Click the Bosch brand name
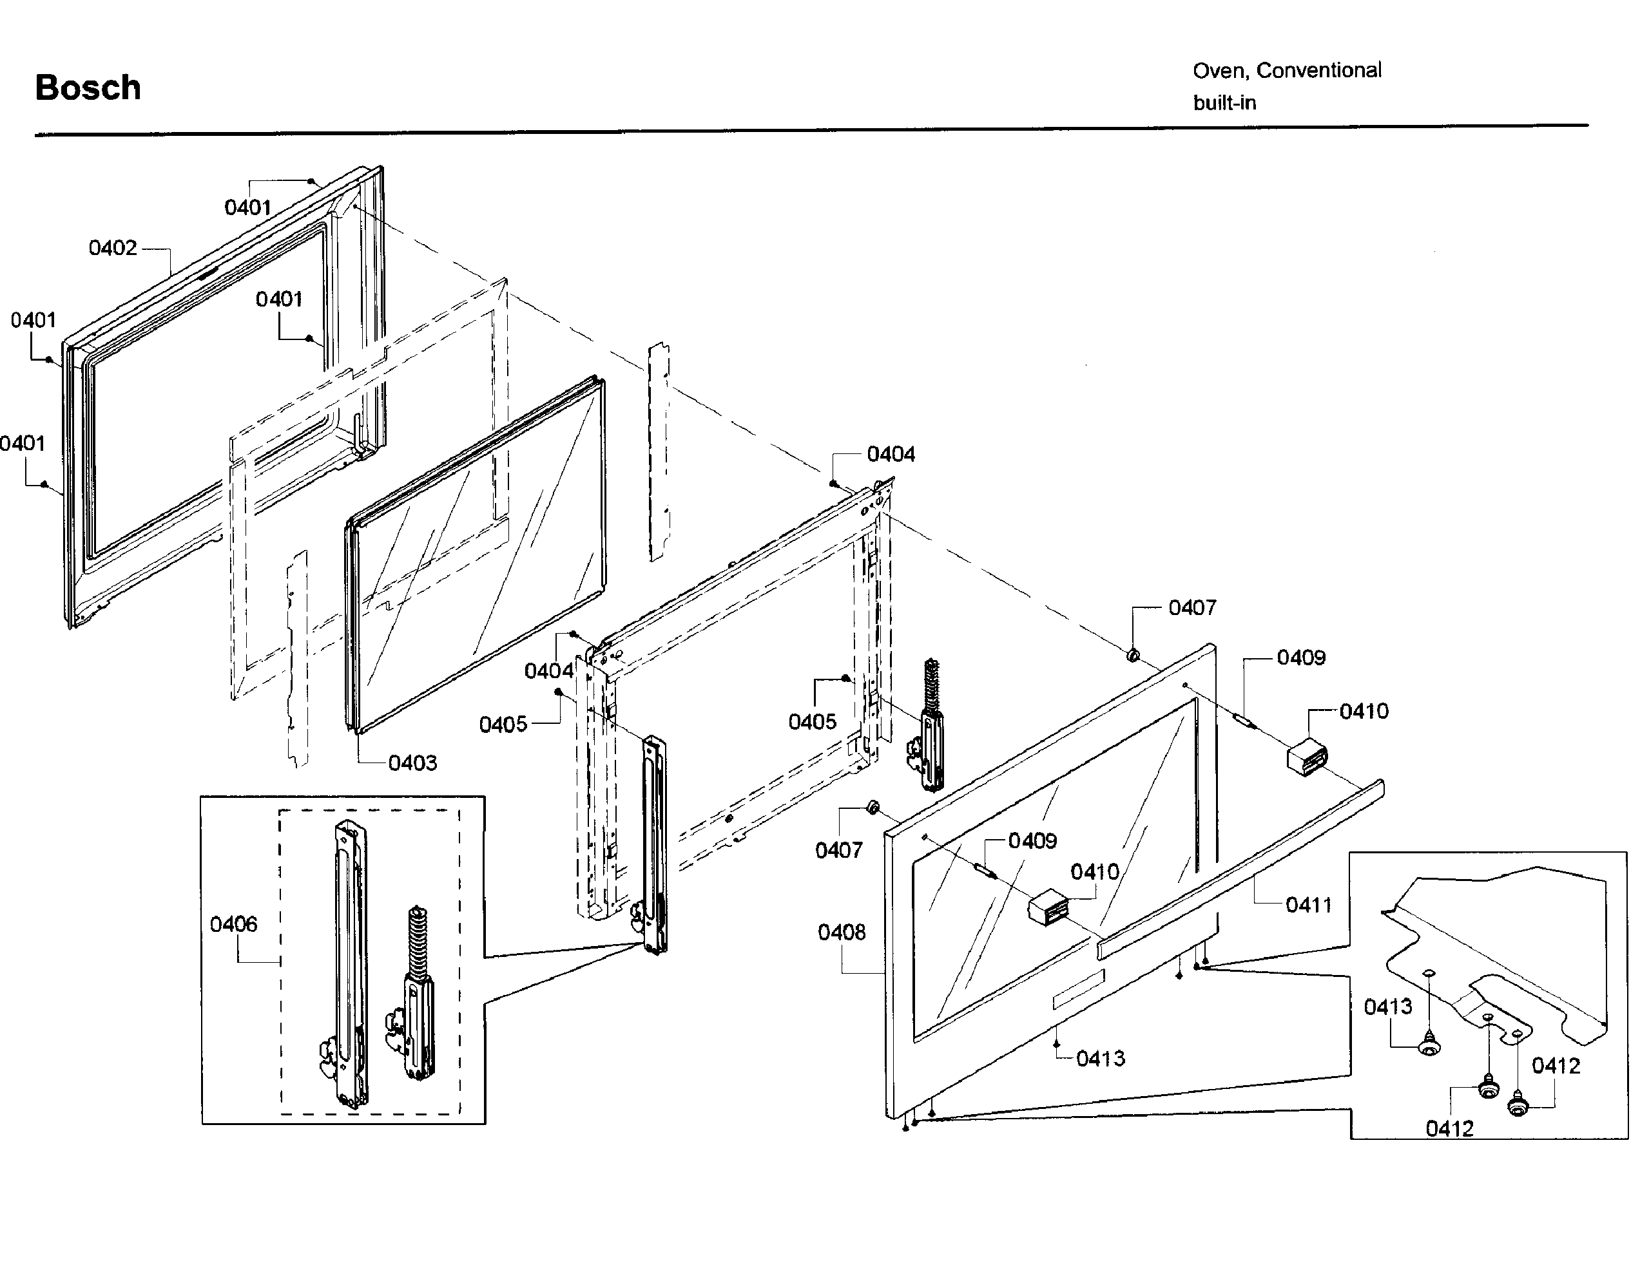pyautogui.click(x=88, y=88)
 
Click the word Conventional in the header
pyautogui.click(x=1318, y=70)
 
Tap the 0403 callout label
pyautogui.click(x=412, y=763)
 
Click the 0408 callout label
pyautogui.click(x=841, y=933)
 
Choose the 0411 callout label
pyautogui.click(x=1309, y=905)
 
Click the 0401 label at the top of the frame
pyautogui.click(x=247, y=207)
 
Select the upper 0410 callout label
pyautogui.click(x=1364, y=711)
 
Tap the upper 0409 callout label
pyautogui.click(x=1300, y=658)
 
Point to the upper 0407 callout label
pyautogui.click(x=1192, y=608)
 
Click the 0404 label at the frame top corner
pyautogui.click(x=891, y=454)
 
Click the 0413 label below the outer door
pyautogui.click(x=1101, y=1059)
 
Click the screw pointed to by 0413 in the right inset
pyautogui.click(x=1429, y=1047)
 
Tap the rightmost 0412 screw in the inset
pyautogui.click(x=1518, y=1107)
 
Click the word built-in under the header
pyautogui.click(x=1224, y=103)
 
